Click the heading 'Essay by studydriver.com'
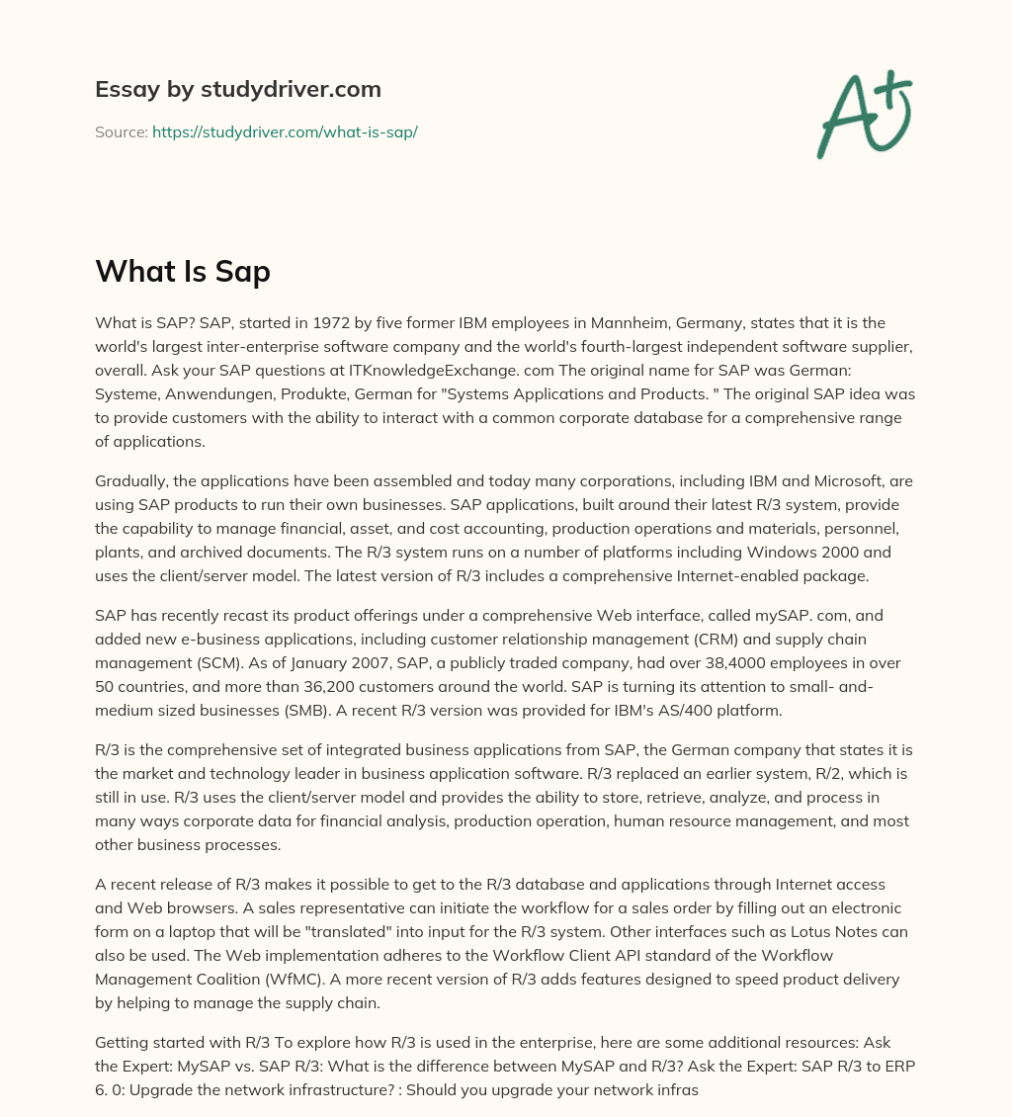point(238,89)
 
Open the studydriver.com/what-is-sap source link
point(285,131)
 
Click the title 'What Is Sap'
point(183,271)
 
